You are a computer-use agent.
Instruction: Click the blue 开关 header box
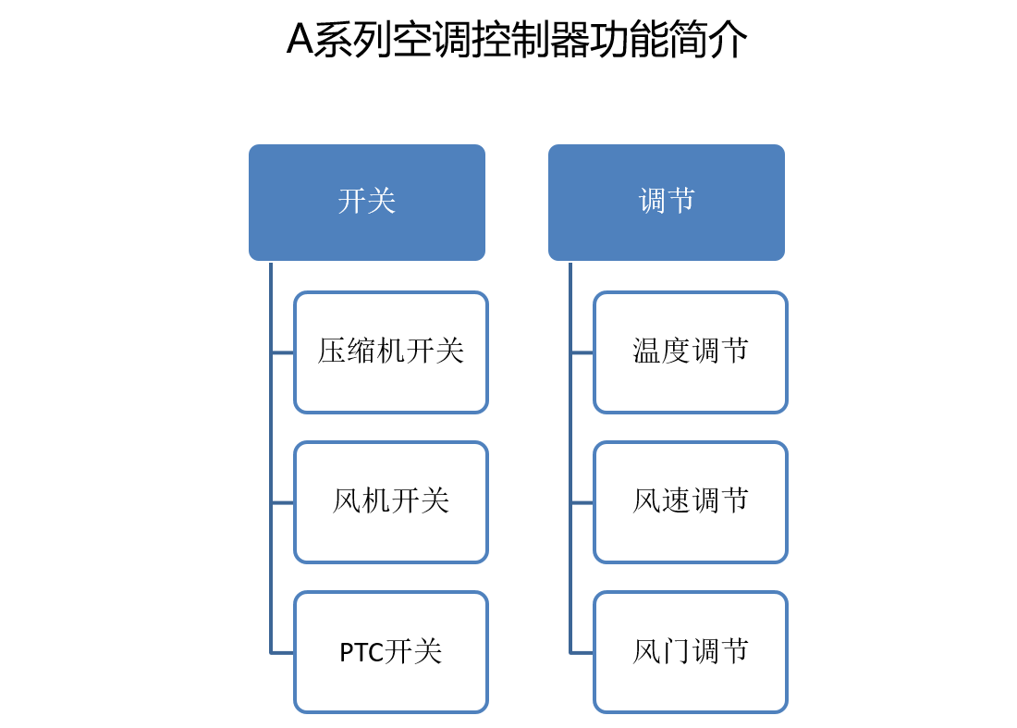[x=367, y=203]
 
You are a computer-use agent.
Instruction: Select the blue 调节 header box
[x=666, y=203]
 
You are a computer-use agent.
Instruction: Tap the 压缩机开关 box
[x=391, y=352]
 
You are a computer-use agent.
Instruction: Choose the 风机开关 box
[x=391, y=502]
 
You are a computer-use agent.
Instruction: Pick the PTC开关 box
[x=391, y=652]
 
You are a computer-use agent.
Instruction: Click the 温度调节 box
[x=691, y=352]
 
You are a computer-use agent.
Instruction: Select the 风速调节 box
[x=691, y=502]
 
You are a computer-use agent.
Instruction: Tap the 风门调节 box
[x=691, y=652]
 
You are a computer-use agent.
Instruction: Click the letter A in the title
[x=300, y=40]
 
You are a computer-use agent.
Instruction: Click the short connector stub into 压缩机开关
[x=283, y=353]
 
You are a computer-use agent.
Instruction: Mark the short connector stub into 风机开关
[x=283, y=503]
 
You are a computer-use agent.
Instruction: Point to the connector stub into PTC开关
[x=283, y=653]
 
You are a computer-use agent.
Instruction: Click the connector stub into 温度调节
[x=582, y=353]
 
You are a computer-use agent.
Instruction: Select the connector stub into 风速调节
[x=582, y=503]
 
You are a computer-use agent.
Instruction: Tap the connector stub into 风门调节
[x=582, y=653]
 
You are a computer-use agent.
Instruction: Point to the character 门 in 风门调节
[x=676, y=651]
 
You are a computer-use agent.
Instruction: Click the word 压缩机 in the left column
[x=361, y=352]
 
